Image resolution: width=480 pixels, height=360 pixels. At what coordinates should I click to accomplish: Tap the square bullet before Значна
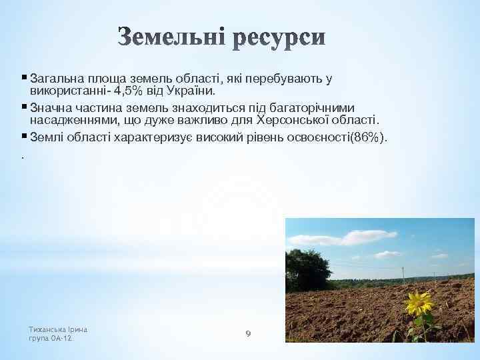24,107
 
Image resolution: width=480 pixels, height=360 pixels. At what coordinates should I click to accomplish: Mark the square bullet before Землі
24,137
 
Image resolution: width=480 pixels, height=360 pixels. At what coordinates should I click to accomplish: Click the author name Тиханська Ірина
59,329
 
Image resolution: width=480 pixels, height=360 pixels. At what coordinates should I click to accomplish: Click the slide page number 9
247,333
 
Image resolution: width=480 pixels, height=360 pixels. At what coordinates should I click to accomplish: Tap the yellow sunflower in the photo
420,305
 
